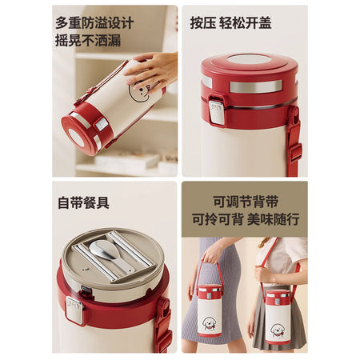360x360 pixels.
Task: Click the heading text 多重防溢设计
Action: point(94,23)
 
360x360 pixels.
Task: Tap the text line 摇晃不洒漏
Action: point(88,41)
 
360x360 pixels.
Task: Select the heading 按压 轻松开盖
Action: point(231,22)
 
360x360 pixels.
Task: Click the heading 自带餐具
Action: point(84,202)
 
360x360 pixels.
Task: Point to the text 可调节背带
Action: point(246,202)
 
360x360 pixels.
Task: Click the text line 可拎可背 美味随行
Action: point(246,219)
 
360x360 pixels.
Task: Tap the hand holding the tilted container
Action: point(151,69)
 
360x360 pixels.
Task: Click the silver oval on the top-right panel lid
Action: point(249,59)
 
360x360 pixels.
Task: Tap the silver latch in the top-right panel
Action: point(216,112)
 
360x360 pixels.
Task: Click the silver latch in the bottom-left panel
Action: point(74,310)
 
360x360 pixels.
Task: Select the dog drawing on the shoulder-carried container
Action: point(278,330)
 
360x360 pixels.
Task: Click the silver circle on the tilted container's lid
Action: point(76,138)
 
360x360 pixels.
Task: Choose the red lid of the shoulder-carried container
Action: point(278,298)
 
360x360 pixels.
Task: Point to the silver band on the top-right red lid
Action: point(256,86)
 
